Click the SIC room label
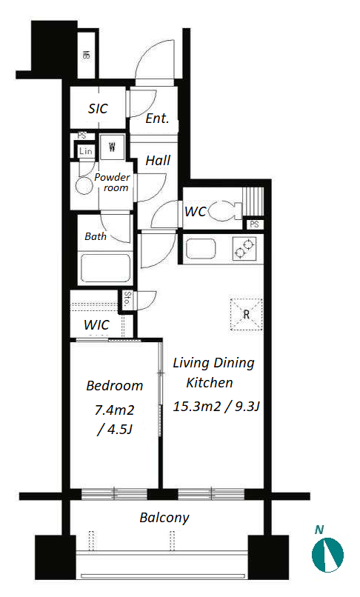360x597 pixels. point(98,109)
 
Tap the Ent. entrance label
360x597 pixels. point(157,119)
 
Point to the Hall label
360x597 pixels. point(158,160)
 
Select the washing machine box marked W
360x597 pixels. point(112,147)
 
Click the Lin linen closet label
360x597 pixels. point(86,151)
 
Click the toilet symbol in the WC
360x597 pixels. point(225,210)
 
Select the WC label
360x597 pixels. point(196,211)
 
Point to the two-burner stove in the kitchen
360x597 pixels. point(244,248)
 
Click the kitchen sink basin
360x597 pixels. point(201,248)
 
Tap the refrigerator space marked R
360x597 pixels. point(247,314)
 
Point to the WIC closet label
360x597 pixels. point(96,325)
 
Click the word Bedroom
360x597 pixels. point(115,386)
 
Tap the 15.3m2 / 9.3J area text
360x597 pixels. point(216,407)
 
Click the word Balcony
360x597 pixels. point(164,518)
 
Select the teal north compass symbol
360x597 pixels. point(327,554)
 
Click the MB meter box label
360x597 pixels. point(87,56)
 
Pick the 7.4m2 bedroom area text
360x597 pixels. point(114,410)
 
